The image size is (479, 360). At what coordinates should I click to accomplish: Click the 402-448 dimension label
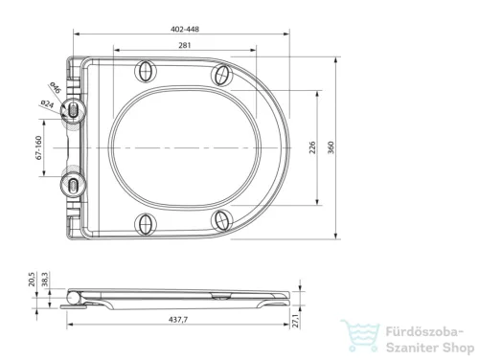(185, 29)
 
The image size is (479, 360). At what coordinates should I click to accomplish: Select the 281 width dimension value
(185, 45)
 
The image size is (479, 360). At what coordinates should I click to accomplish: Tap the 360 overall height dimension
(331, 147)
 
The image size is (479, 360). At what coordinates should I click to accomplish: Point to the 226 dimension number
(312, 147)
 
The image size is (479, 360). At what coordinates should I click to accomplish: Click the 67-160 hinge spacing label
(38, 147)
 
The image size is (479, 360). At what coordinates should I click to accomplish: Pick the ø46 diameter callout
(55, 87)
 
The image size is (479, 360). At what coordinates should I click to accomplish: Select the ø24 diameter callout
(47, 103)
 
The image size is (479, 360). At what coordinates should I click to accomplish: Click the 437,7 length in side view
(178, 319)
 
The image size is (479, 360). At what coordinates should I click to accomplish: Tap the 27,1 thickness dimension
(296, 321)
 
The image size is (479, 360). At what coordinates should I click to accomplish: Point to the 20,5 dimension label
(32, 280)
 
